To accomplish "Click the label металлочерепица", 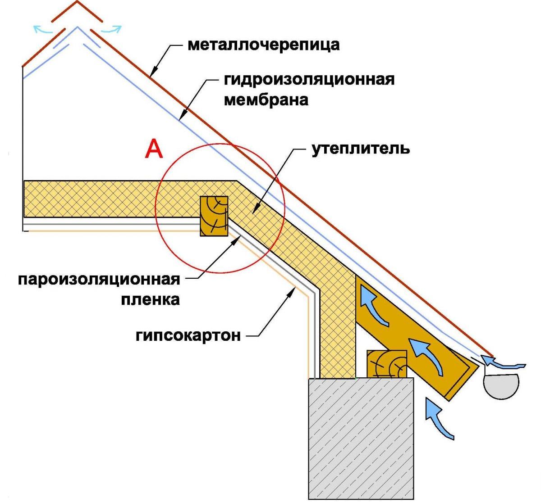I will pos(263,45).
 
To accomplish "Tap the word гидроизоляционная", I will pos(309,79).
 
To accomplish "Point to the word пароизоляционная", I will pos(99,279).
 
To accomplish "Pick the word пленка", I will pos(150,299).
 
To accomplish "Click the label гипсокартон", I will pos(188,336).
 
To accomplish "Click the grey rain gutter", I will pos(500,385).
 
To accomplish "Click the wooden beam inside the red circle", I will pos(214,215).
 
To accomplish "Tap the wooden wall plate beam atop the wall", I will pos(387,364).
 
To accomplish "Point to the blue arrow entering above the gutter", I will pos(500,362).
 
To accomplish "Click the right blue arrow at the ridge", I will pos(112,30).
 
